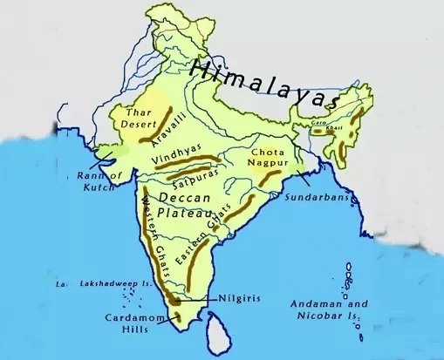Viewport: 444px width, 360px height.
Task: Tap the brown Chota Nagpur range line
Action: coord(272,178)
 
